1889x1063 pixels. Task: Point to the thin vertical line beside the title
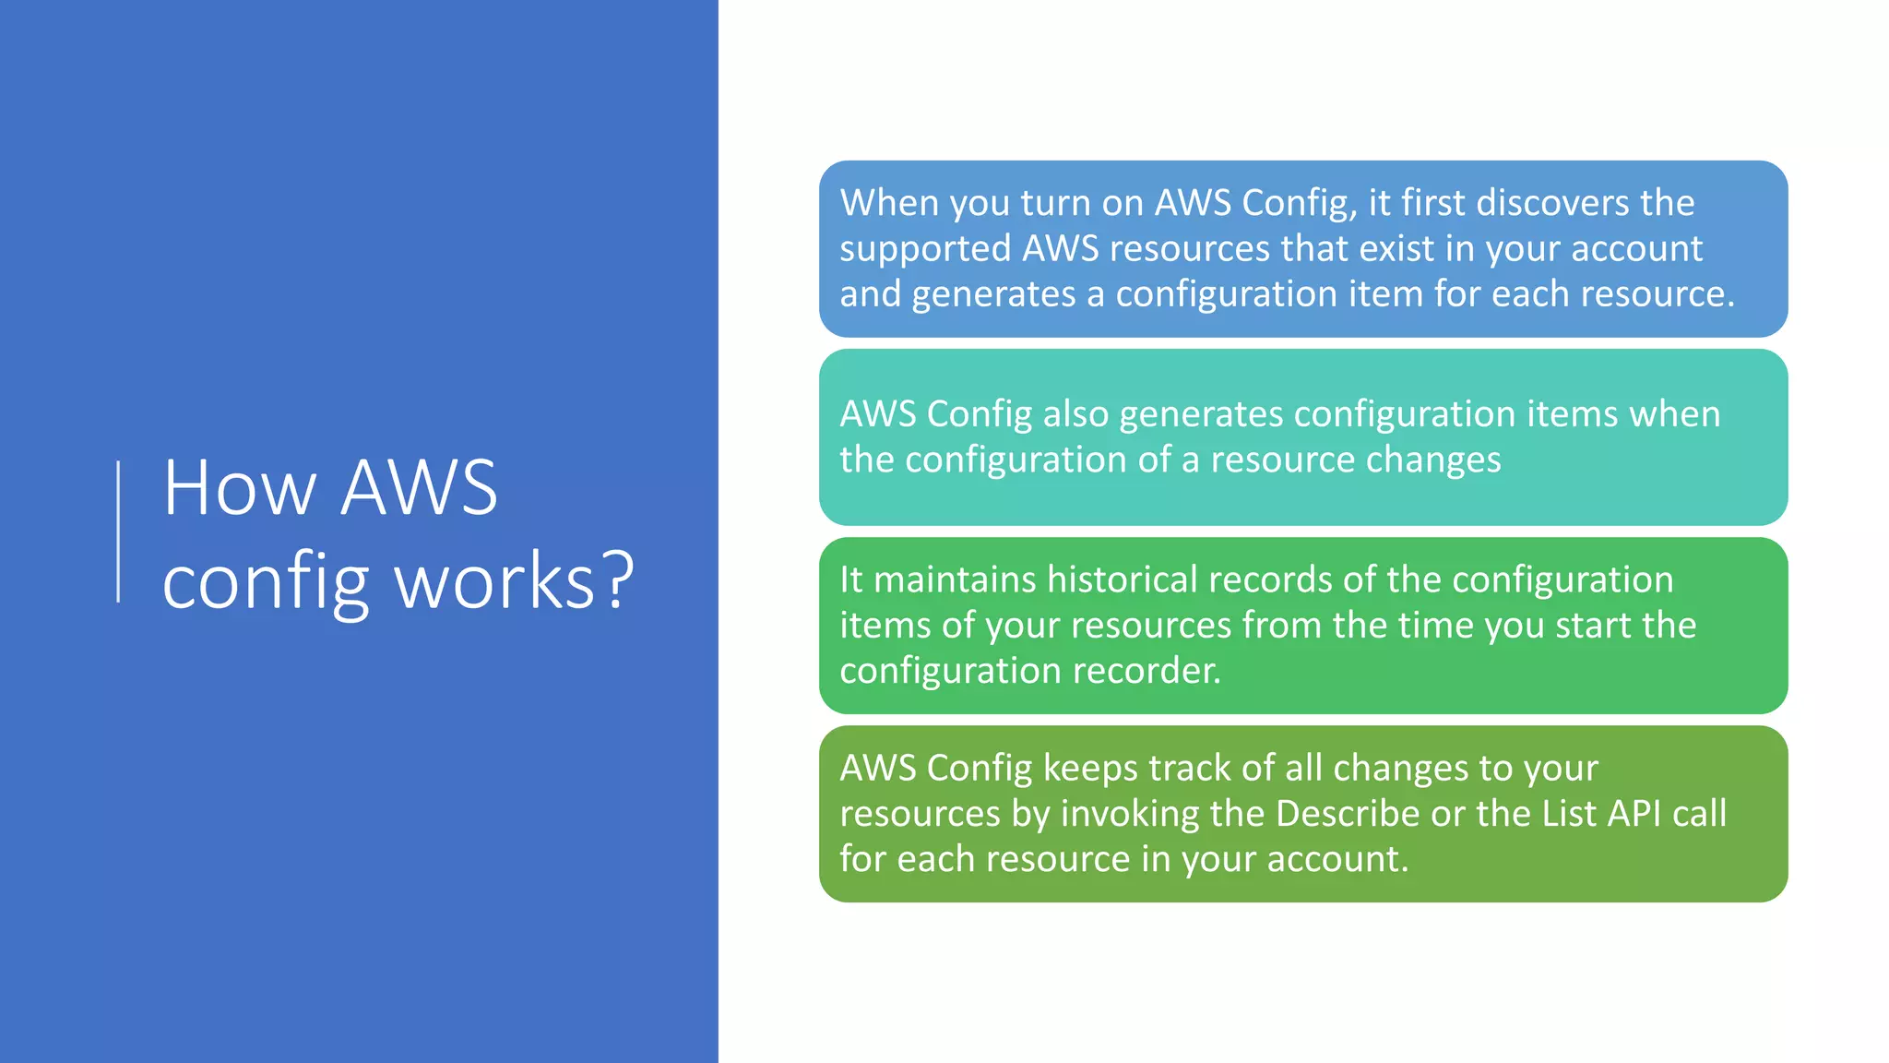click(x=118, y=531)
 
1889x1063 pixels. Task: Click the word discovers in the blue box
click(x=1552, y=203)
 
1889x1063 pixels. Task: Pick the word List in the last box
click(x=1570, y=814)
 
